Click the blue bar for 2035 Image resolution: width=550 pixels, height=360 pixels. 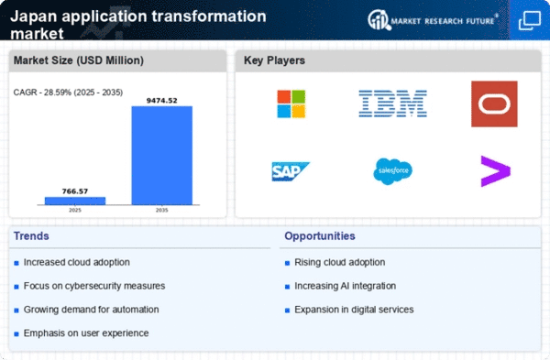pos(161,156)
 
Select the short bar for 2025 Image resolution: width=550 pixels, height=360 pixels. pos(75,201)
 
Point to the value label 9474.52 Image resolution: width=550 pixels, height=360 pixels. pos(161,101)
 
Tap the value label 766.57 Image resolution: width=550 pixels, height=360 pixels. pos(75,191)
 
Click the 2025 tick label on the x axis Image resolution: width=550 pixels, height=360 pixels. pos(75,210)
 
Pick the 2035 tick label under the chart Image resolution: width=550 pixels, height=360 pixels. pos(161,210)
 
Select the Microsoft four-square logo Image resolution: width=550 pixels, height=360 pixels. pos(291,104)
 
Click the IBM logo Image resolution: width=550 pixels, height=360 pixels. pos(392,104)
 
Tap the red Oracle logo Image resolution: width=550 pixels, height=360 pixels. pos(494,104)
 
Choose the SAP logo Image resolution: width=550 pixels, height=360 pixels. pos(291,171)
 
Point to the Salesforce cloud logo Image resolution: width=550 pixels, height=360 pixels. pos(392,171)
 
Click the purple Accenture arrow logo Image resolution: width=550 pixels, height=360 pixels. pos(495,171)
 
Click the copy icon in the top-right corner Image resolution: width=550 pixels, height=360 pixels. pos(530,20)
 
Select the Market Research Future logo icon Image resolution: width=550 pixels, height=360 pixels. pos(379,19)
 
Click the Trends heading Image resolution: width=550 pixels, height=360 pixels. pos(31,236)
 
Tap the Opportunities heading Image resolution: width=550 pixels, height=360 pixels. pos(320,236)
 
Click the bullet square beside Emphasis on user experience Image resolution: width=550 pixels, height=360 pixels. pos(16,333)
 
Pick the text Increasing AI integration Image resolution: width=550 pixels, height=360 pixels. pos(346,286)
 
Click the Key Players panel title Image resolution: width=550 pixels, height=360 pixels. pos(274,60)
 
